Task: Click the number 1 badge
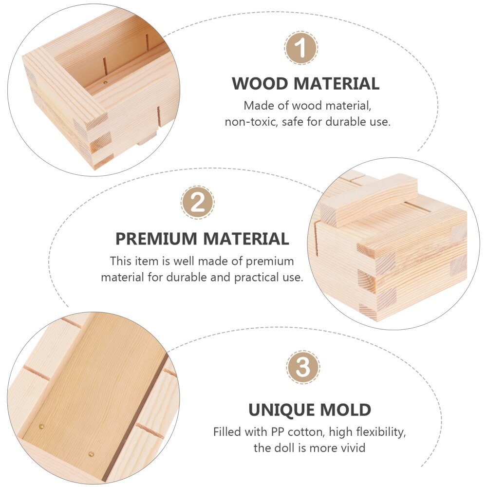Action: click(x=301, y=48)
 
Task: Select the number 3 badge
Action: click(x=303, y=367)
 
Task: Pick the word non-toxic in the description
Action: click(x=248, y=122)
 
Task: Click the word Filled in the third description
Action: click(x=226, y=431)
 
